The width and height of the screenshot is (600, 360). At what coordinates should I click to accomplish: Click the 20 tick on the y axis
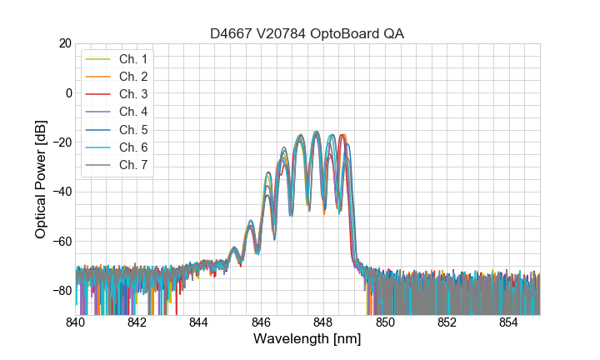64,43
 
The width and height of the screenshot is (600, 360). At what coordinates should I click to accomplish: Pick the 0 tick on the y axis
67,92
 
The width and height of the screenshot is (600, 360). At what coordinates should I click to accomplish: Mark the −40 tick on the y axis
61,192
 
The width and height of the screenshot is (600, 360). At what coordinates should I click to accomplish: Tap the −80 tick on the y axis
61,290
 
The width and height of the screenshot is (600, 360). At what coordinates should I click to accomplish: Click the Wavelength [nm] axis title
307,339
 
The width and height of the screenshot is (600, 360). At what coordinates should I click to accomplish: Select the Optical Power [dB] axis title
41,178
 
